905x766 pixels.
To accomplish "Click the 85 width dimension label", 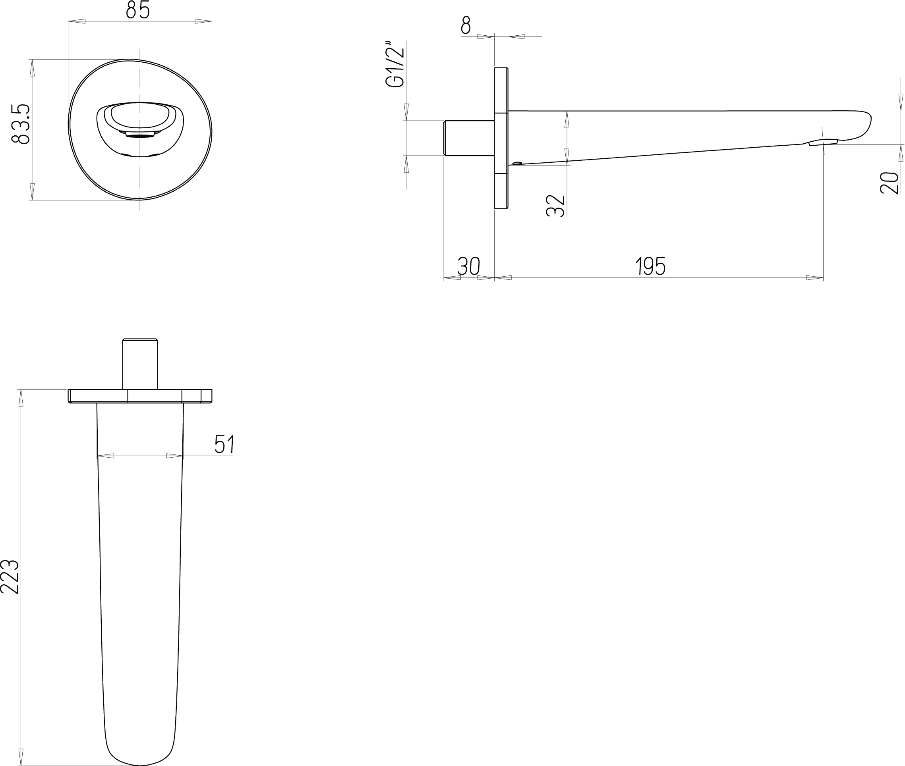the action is point(138,10).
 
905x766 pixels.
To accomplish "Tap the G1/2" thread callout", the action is point(396,64).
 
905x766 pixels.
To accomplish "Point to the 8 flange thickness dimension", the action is point(466,25).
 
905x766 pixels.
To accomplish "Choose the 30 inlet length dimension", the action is point(468,266).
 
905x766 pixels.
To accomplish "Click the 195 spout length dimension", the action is point(651,266).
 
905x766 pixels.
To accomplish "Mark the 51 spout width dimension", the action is point(224,444).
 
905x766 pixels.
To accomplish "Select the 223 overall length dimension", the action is point(10,577).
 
